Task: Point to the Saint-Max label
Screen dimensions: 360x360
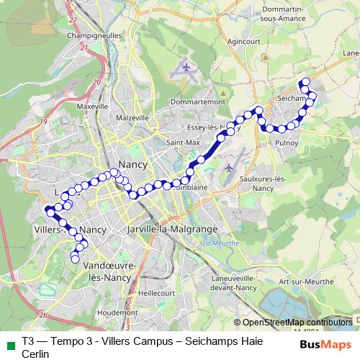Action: tap(183, 143)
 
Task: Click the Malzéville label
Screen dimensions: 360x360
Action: tap(131, 117)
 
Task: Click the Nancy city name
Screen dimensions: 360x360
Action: tap(132, 164)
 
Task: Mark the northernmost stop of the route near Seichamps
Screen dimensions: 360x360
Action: tap(305, 81)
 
